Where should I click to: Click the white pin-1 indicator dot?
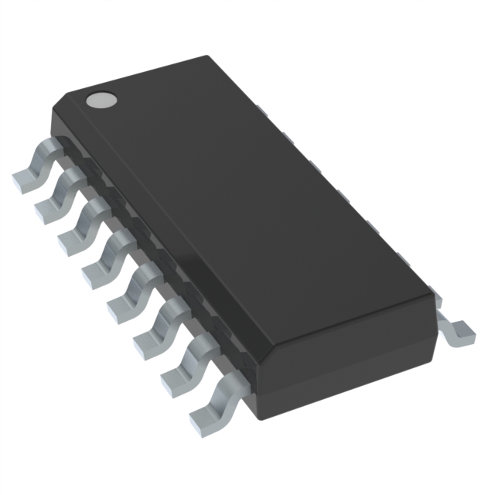click(101, 99)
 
